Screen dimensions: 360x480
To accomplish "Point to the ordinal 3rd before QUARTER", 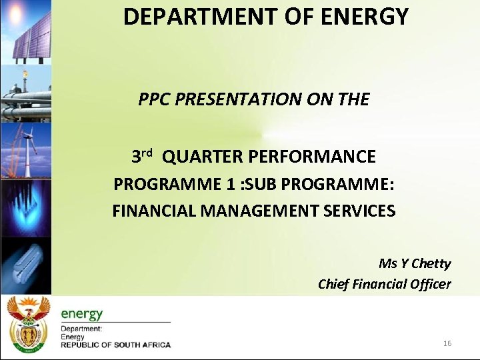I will pos(142,157).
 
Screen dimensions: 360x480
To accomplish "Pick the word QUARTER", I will pos(202,157).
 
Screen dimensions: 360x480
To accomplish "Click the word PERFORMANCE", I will pos(311,157).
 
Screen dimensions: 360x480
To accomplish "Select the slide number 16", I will pos(447,343).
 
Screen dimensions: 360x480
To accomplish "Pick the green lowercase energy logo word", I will pos(82,313).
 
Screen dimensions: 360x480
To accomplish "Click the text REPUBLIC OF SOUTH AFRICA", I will pos(116,345).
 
